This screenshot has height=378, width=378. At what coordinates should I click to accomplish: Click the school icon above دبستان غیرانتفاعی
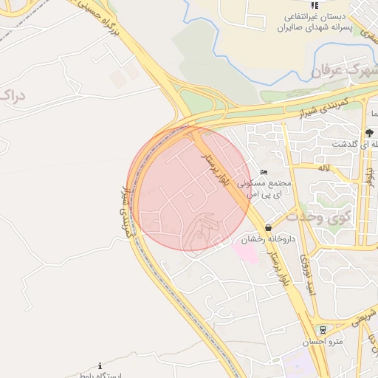coord(315,7)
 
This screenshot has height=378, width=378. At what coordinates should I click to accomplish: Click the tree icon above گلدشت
coord(370,133)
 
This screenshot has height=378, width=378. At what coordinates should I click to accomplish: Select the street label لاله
coord(323,168)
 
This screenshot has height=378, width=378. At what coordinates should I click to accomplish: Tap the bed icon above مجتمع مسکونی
coord(264,173)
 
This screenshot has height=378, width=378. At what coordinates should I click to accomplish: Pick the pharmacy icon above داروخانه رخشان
coord(267,228)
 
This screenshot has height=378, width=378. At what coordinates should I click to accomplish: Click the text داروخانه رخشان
coord(263,240)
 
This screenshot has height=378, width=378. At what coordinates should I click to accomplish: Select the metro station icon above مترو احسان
coord(323,330)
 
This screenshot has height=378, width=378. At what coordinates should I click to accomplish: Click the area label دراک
coord(15,96)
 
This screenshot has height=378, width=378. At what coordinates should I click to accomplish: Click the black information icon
coord(100,365)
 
